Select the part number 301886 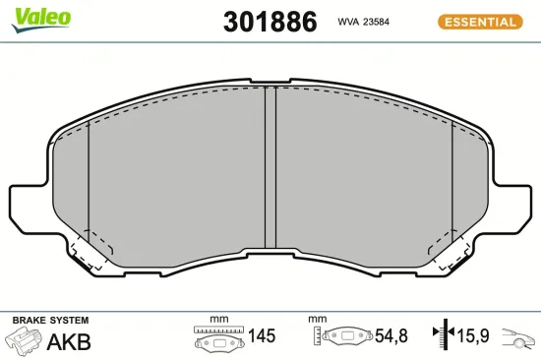pyautogui.click(x=270, y=22)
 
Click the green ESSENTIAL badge pyautogui.click(x=481, y=21)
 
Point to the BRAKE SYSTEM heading pyautogui.click(x=49, y=321)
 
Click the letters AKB pyautogui.click(x=69, y=342)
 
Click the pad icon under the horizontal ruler pyautogui.click(x=218, y=341)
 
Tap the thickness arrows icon pyautogui.click(x=442, y=337)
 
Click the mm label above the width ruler pyautogui.click(x=218, y=320)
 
